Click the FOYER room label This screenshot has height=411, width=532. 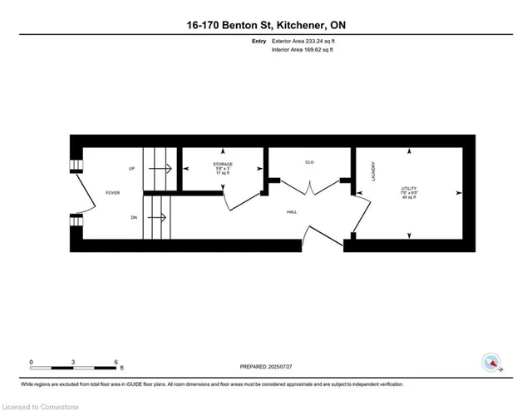tap(112, 191)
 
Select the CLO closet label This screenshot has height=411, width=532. tap(308, 161)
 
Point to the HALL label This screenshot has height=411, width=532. tap(292, 212)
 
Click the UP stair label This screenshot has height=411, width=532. tap(131, 169)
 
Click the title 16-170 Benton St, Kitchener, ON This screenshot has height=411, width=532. tap(266, 26)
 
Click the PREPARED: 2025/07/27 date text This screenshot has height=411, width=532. tap(268, 365)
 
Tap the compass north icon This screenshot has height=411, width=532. tap(492, 362)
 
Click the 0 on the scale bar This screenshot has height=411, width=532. tap(32, 361)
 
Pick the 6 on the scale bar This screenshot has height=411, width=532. tap(117, 361)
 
